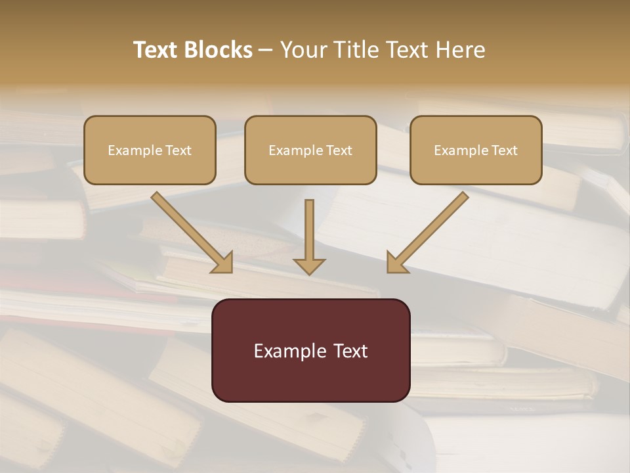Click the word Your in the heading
click(x=303, y=50)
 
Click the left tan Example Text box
click(x=150, y=150)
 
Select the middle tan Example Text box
click(x=310, y=150)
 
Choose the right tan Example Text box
click(x=476, y=150)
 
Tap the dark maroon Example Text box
click(x=310, y=350)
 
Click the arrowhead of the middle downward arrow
click(x=309, y=265)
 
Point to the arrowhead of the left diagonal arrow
click(x=223, y=263)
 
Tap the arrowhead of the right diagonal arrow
click(x=396, y=263)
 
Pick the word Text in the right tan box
click(x=504, y=150)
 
